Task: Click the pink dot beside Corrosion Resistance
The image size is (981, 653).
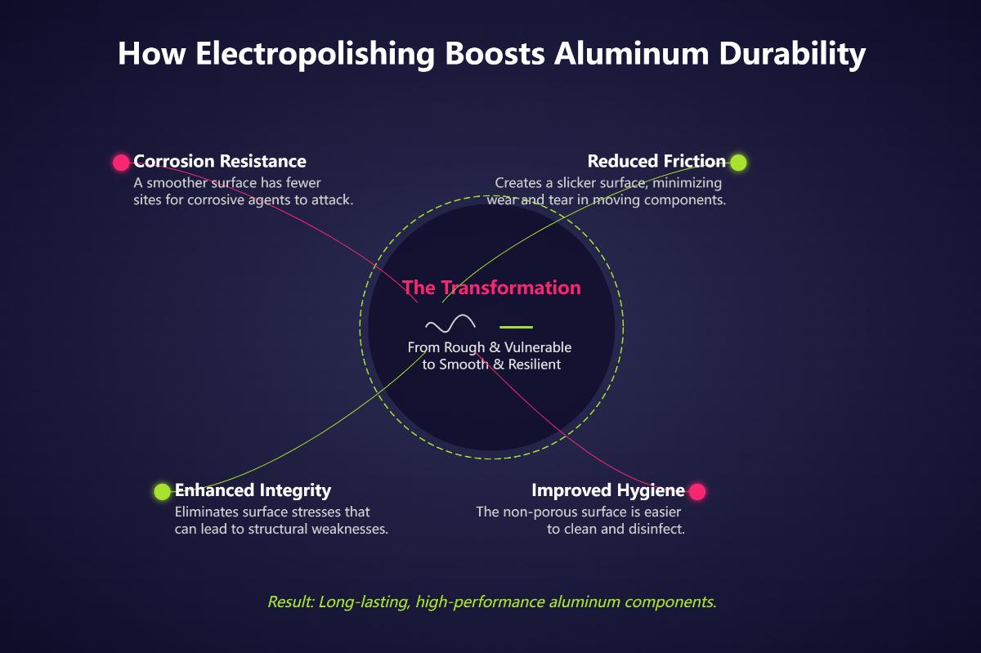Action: pos(121,162)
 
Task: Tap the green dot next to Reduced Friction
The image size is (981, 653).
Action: pos(738,162)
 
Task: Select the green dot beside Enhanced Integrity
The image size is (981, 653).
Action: pos(163,491)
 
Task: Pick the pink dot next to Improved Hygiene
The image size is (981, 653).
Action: pos(697,491)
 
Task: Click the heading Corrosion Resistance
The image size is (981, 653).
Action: pos(220,161)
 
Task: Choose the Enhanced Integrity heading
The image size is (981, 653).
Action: pos(253,490)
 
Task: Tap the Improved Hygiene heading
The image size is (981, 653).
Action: pos(607,490)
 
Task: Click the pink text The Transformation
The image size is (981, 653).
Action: pos(491,288)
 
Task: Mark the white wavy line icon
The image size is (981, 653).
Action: pos(450,324)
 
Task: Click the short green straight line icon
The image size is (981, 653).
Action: pos(516,325)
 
